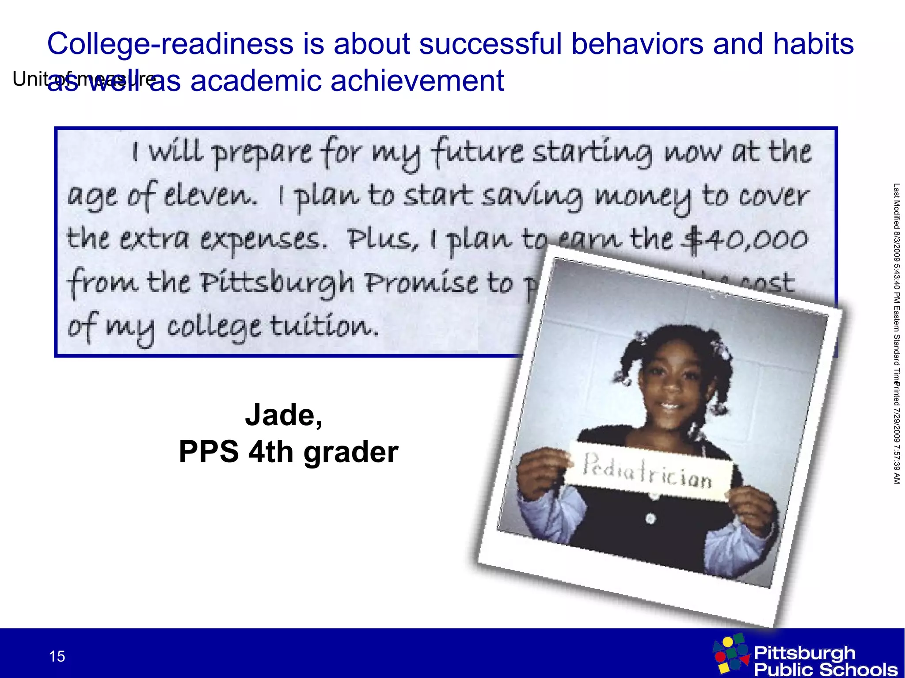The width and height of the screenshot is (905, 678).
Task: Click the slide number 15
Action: click(57, 656)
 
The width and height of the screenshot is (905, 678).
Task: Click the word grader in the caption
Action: click(351, 453)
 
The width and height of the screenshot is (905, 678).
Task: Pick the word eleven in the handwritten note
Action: click(210, 196)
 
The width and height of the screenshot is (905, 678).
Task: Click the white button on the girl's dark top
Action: click(650, 518)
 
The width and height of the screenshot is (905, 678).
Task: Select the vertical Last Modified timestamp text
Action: click(897, 283)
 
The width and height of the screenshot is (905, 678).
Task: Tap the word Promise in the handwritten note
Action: click(422, 283)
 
